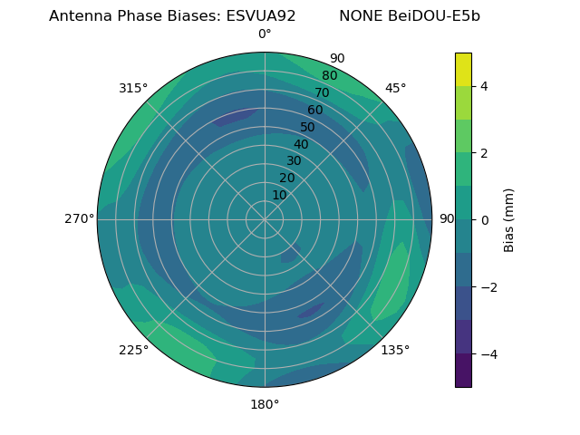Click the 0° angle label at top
click(x=265, y=34)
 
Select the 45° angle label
click(x=395, y=88)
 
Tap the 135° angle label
click(x=395, y=350)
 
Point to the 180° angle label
click(x=265, y=404)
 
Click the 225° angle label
click(x=133, y=350)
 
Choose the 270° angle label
click(x=80, y=219)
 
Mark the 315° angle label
click(x=133, y=88)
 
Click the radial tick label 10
click(x=279, y=195)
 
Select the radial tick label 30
click(x=294, y=161)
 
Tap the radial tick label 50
click(x=308, y=128)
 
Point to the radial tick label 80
click(x=329, y=76)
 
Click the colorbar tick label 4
click(x=484, y=86)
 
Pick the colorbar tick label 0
click(x=484, y=220)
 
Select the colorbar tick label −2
click(x=488, y=287)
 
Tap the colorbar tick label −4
click(x=488, y=354)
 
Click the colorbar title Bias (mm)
click(x=509, y=219)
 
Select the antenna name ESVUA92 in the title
click(x=261, y=16)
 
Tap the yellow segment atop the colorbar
click(x=463, y=69)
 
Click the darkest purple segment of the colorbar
click(x=463, y=371)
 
